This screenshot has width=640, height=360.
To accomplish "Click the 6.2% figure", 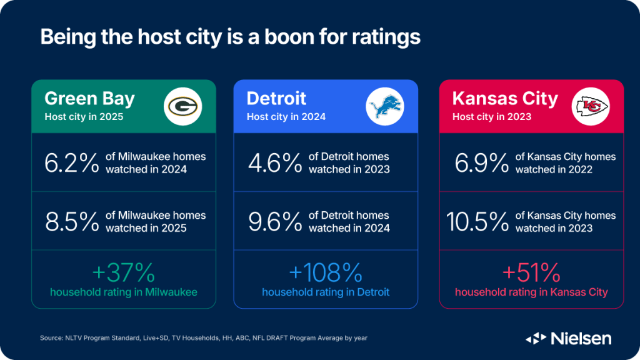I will (72, 162).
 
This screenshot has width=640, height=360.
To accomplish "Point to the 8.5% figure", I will (72, 221).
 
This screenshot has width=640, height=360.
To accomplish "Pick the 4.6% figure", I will (275, 162).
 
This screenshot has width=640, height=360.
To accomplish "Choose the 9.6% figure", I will (275, 221).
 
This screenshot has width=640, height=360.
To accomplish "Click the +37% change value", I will (123, 273).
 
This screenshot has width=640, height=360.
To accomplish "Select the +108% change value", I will (326, 273).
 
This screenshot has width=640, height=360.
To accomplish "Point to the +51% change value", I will (531, 273).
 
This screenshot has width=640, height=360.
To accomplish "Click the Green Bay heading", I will (90, 99).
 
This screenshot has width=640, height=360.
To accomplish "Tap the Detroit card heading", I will (277, 98).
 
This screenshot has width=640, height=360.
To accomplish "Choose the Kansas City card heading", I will (505, 99).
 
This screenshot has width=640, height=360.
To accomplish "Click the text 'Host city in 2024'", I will (286, 116).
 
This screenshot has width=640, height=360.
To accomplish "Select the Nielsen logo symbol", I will (536, 339).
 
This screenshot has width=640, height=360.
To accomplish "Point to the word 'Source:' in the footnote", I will (52, 338).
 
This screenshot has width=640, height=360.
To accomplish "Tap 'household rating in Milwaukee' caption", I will (123, 292).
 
